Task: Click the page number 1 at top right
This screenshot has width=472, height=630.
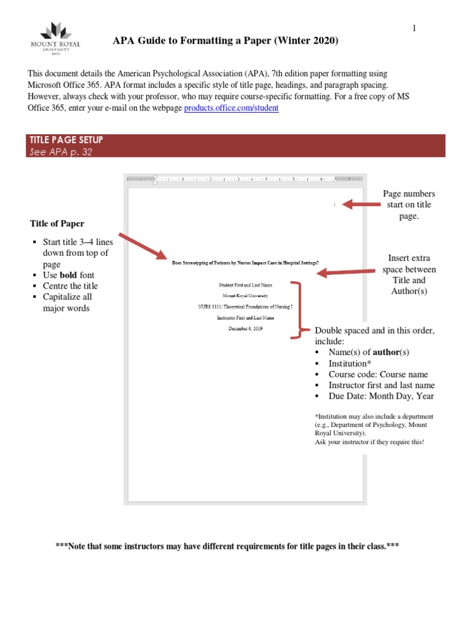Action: [x=414, y=28]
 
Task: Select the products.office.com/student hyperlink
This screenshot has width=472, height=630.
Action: [x=231, y=108]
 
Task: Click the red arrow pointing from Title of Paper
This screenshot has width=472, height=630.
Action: [x=142, y=246]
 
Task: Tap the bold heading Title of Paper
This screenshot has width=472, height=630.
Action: [x=57, y=223]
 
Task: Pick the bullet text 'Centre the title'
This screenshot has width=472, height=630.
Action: [x=70, y=286]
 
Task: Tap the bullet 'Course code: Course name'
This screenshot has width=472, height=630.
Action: [x=378, y=374]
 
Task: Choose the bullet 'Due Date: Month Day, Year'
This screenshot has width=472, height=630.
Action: [x=381, y=396]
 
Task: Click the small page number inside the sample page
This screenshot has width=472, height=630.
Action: [x=334, y=204]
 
